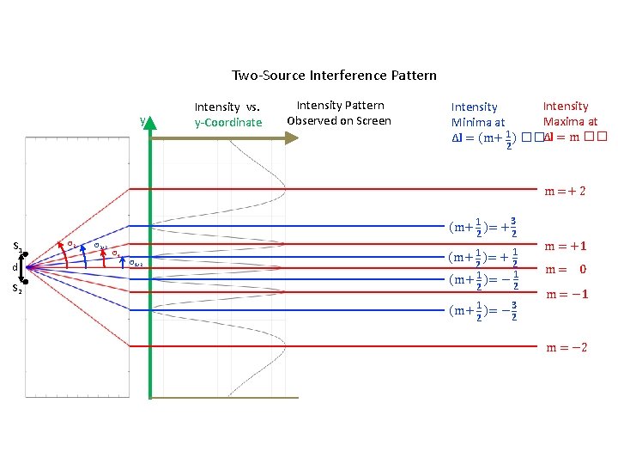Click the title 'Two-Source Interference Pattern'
334,76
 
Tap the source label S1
17,247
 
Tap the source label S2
17,289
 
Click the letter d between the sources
15,268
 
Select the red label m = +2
565,191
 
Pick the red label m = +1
566,247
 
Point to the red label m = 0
566,270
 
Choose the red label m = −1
566,295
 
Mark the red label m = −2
566,347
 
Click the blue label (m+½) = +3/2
482,227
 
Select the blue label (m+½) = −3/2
482,310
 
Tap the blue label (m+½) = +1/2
482,258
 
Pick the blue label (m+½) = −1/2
482,279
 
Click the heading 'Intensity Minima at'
477,115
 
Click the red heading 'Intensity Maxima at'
569,114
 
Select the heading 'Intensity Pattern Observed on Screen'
339,113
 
